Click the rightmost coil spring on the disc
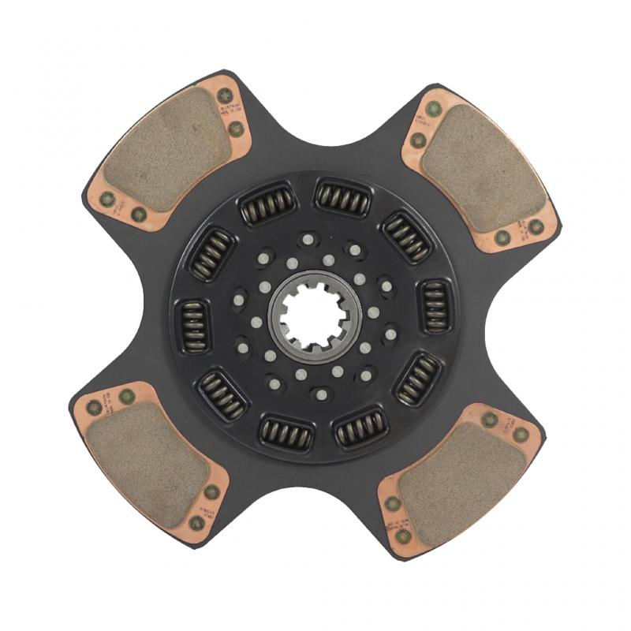point(434,305)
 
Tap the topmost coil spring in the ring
point(343,196)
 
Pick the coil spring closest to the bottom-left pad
point(222,394)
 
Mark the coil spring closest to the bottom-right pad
point(417,379)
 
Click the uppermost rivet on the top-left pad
point(223,95)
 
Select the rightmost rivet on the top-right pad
point(536,227)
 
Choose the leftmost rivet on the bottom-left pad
point(94,407)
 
